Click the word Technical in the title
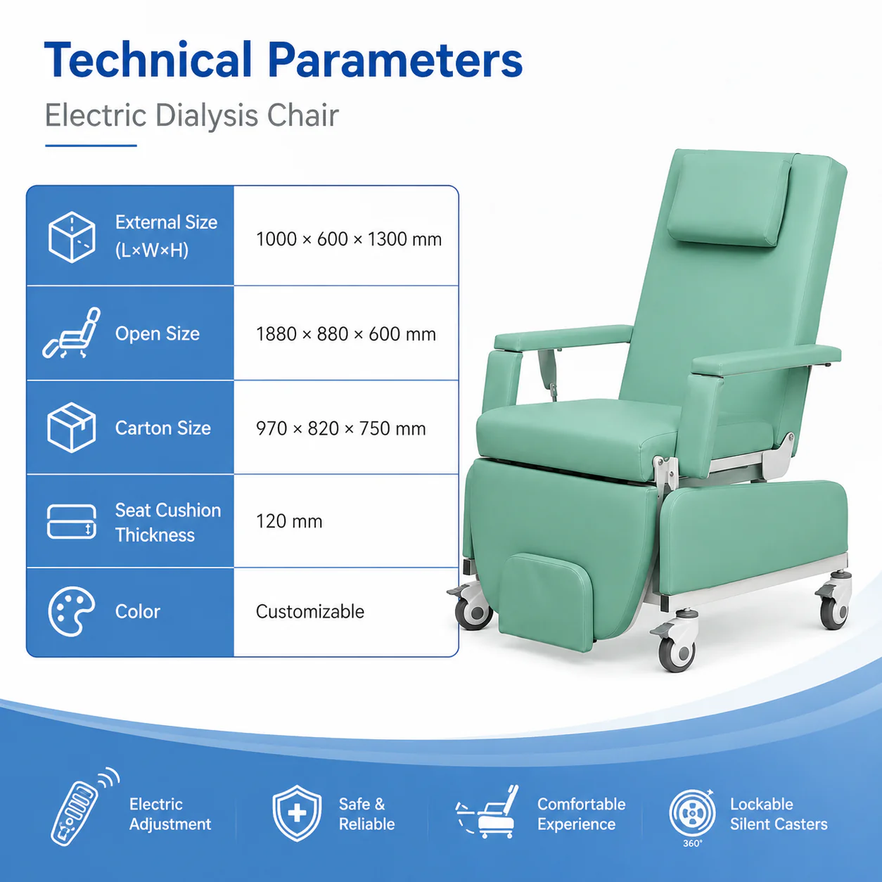point(148,60)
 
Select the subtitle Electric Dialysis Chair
point(191,115)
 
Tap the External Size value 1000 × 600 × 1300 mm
point(349,239)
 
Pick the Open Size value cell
point(346,334)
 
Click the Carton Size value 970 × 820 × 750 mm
point(341,429)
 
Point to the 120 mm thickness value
point(289,521)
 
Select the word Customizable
point(310,612)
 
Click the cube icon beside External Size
point(72,237)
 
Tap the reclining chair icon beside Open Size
point(72,333)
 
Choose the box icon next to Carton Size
point(72,428)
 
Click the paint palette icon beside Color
point(72,611)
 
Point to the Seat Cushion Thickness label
point(168,523)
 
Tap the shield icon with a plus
point(297,813)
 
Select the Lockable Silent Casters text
point(779,814)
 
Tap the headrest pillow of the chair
point(728,202)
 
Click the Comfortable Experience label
point(581,814)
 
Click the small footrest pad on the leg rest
point(547,601)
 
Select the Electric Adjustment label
point(170,814)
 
